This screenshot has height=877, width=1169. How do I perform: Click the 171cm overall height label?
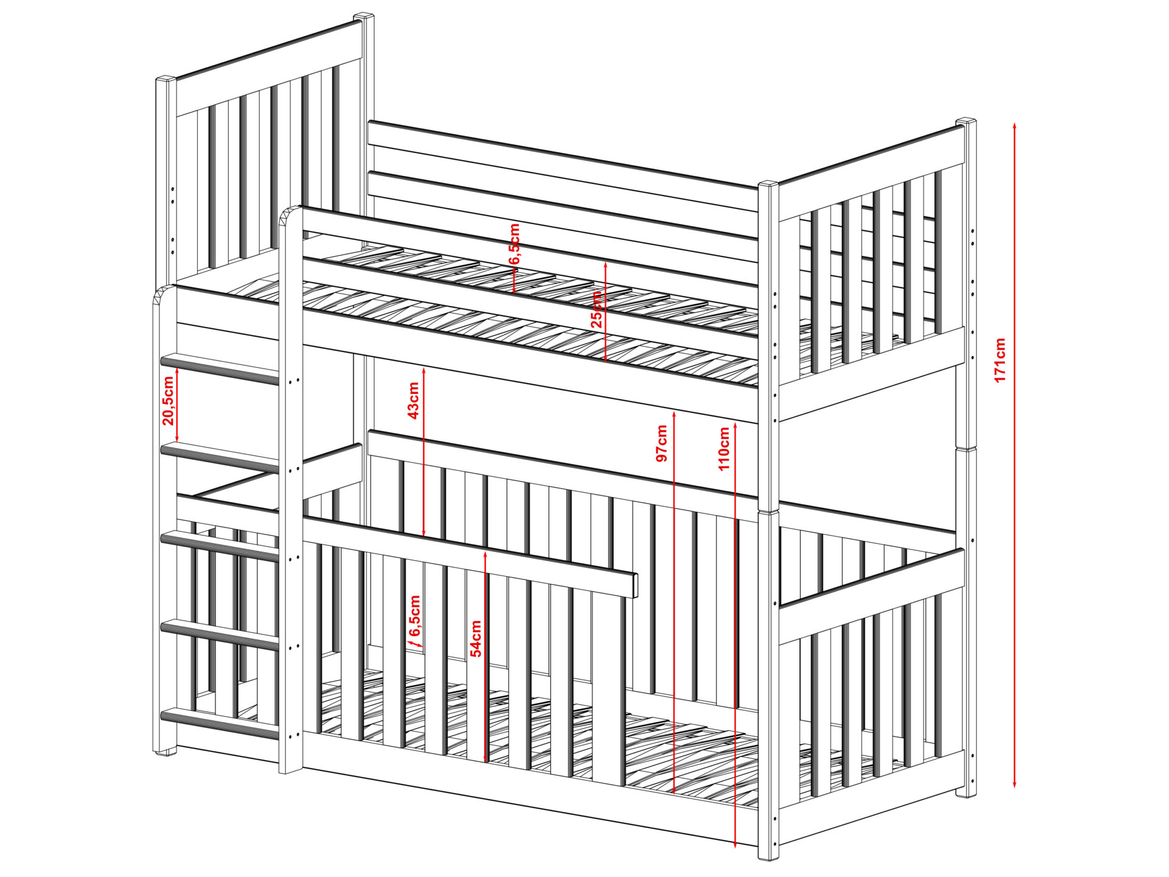coord(1000,360)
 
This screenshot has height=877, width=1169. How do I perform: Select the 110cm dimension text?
coord(724,448)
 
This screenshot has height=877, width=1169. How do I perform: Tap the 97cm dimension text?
coord(662,443)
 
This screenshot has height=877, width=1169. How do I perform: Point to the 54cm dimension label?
coord(476,638)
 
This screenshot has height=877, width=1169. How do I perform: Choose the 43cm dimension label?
coord(413,400)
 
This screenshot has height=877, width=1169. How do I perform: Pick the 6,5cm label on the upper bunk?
coord(514,244)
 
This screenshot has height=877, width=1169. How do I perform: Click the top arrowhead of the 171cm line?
coord(1014,125)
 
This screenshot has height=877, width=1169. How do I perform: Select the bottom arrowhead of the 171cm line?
coord(1014,784)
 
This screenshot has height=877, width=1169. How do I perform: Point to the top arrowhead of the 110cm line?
coord(736,426)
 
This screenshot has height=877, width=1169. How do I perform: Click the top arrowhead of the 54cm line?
coord(485,555)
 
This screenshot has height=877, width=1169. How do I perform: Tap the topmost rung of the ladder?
coord(220,369)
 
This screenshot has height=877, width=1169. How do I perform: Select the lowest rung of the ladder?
coord(220,724)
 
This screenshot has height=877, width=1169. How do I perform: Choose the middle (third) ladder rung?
coord(220,546)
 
